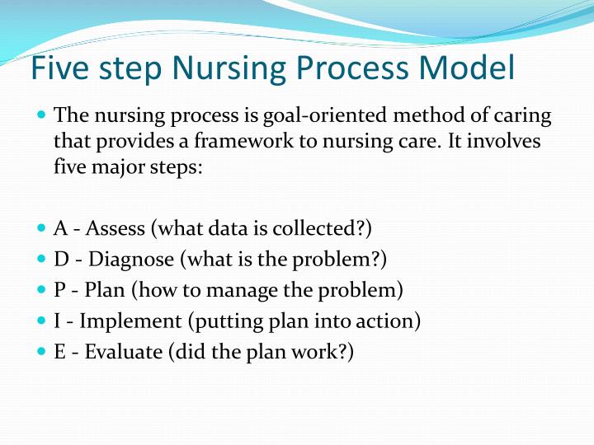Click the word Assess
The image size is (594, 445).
click(x=116, y=227)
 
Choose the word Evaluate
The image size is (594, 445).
click(x=122, y=353)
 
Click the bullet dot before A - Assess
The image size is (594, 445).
click(x=43, y=226)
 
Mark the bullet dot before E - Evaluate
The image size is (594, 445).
click(x=43, y=351)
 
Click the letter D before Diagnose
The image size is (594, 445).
click(x=61, y=259)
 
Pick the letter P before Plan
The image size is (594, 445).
click(x=59, y=290)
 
